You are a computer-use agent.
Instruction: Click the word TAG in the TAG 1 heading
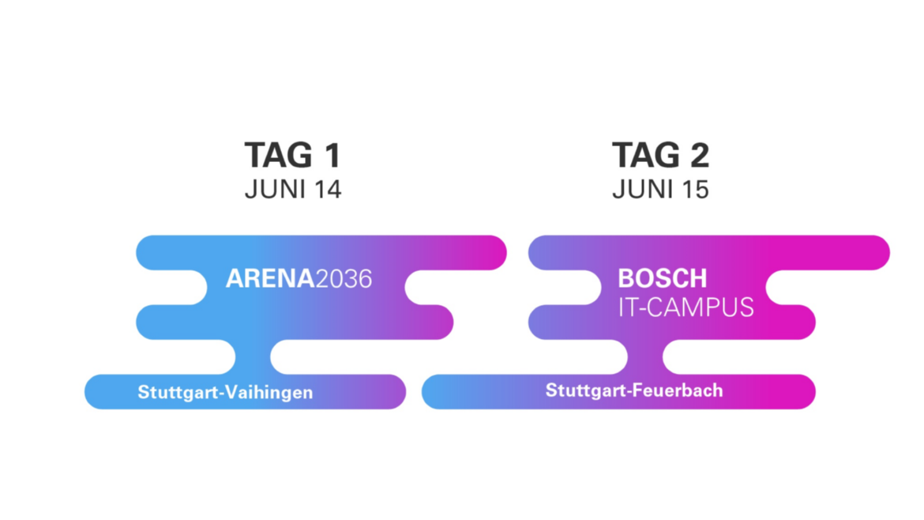pyautogui.click(x=279, y=155)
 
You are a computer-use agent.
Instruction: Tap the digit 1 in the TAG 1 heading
pyautogui.click(x=332, y=155)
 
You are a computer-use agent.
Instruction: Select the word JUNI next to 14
pyautogui.click(x=275, y=189)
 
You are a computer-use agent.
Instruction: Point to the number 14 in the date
pyautogui.click(x=328, y=189)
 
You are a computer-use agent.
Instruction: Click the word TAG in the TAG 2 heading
pyautogui.click(x=647, y=155)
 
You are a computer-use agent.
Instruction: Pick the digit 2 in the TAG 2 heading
pyautogui.click(x=700, y=155)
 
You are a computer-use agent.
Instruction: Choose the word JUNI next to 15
pyautogui.click(x=643, y=189)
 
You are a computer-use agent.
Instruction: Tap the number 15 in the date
pyautogui.click(x=695, y=189)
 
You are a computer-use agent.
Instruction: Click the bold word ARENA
pyautogui.click(x=270, y=278)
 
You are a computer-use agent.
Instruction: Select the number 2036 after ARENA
pyautogui.click(x=344, y=278)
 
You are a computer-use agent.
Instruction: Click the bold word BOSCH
pyautogui.click(x=663, y=278)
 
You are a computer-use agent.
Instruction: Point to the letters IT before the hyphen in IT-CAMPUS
pyautogui.click(x=625, y=307)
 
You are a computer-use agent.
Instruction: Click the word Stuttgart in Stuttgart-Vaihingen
pyautogui.click(x=173, y=393)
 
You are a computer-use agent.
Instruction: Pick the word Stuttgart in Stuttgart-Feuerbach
pyautogui.click(x=581, y=391)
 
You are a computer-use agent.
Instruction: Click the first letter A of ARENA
pyautogui.click(x=235, y=278)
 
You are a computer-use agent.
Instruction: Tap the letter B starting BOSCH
pyautogui.click(x=625, y=278)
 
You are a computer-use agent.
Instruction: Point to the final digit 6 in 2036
pyautogui.click(x=366, y=278)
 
